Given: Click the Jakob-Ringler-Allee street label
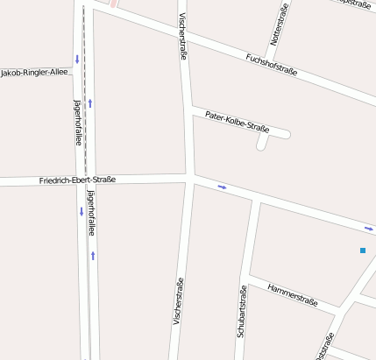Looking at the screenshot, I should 34,72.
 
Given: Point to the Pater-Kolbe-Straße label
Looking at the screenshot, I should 236,122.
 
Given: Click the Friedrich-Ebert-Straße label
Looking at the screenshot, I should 77,180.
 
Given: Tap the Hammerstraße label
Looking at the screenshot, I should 292,294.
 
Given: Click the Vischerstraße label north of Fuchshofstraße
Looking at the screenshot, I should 183,36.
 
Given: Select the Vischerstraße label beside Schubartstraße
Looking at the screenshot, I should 178,311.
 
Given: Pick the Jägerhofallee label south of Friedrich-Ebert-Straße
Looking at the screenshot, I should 90,214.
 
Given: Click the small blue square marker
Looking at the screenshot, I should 362,251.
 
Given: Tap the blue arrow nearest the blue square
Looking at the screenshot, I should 369,229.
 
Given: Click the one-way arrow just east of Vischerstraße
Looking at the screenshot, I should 222,187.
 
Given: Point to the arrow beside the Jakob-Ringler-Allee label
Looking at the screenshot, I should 77,60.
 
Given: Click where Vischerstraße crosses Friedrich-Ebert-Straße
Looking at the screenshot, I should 190,179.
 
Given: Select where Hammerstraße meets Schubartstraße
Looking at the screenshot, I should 249,279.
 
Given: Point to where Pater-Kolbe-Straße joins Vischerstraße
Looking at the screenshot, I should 190,109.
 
